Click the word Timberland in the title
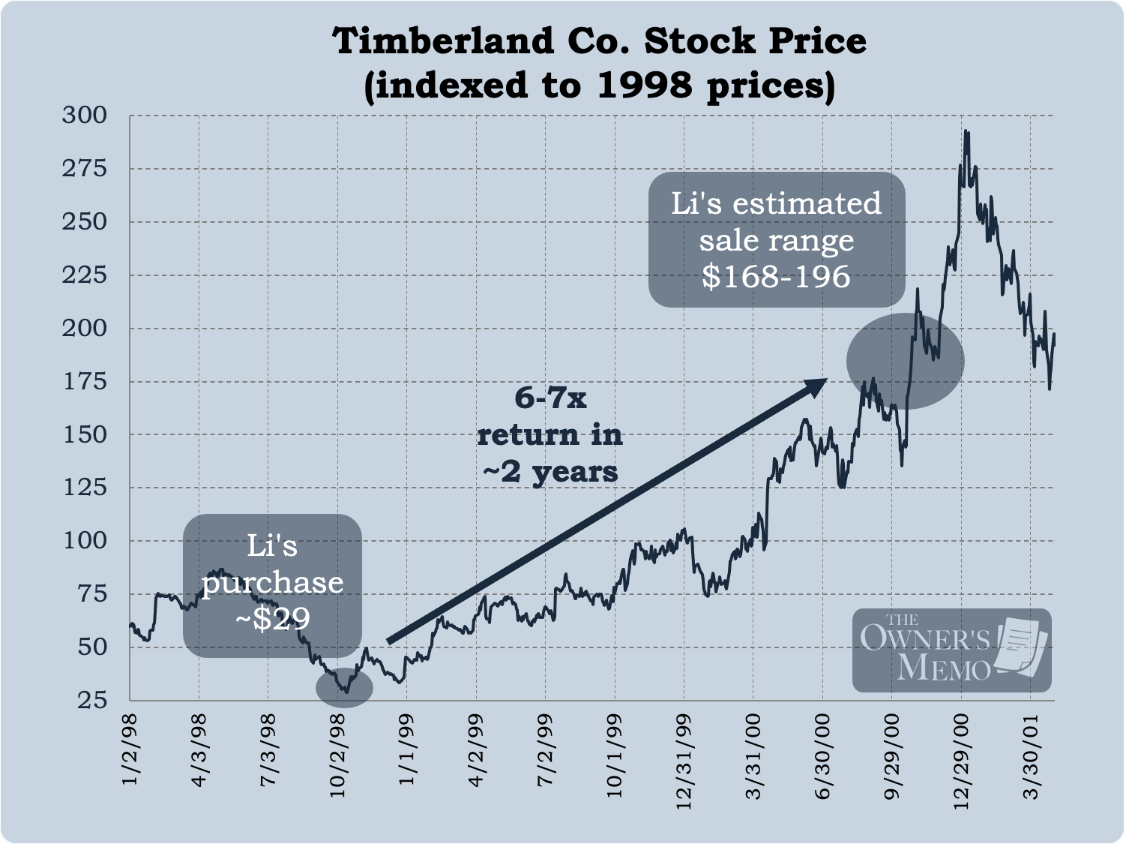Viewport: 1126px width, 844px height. coord(444,41)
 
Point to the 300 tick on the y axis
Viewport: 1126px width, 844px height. coord(85,115)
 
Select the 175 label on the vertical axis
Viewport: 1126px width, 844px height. coord(85,381)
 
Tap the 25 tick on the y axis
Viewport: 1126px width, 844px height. coord(92,700)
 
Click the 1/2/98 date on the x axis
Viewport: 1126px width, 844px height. coord(130,750)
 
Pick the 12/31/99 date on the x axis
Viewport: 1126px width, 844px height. coord(684,762)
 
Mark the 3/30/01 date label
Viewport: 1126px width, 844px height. coord(1031,756)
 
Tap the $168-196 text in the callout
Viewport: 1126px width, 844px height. coord(776,276)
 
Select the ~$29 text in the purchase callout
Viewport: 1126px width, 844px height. coord(272,618)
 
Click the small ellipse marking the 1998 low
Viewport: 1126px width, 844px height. coord(343,687)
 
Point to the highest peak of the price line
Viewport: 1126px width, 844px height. coord(966,131)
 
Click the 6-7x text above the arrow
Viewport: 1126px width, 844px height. coord(550,398)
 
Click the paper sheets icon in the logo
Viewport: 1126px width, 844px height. coord(1021,647)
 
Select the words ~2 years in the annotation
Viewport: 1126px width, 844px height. coord(550,472)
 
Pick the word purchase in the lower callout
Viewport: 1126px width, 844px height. coord(272,583)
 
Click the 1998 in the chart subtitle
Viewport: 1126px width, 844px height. coord(644,85)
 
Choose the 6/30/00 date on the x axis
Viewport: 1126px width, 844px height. coord(822,756)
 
